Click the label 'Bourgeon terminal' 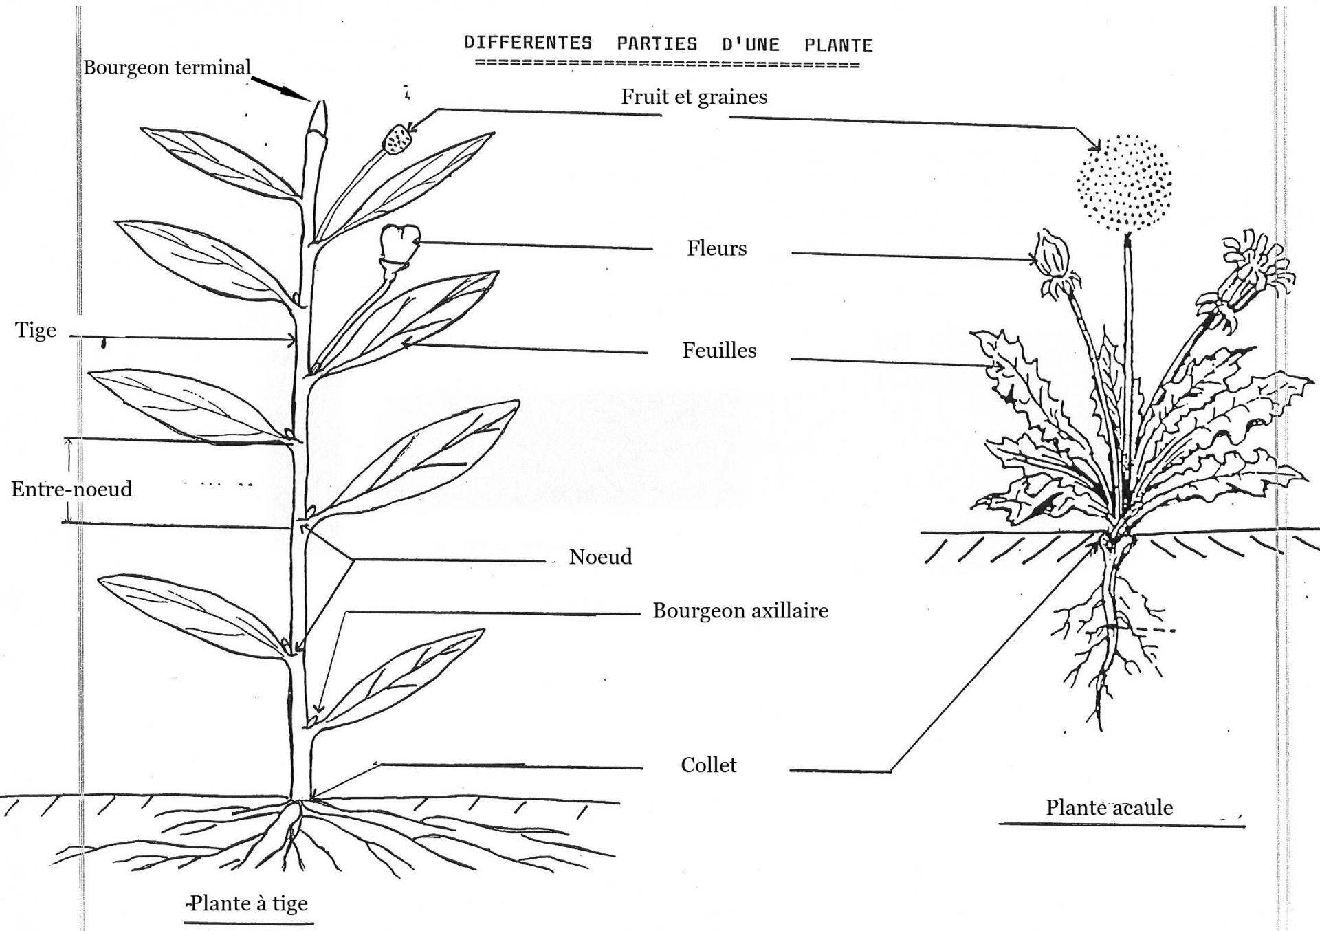click(167, 67)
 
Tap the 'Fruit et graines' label click(694, 97)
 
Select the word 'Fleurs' click(717, 248)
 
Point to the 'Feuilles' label click(719, 351)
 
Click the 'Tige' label click(36, 331)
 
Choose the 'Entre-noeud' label click(71, 489)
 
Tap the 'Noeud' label click(600, 556)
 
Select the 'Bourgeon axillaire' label click(740, 611)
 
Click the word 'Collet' click(709, 765)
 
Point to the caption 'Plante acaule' click(1110, 807)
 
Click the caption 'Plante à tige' click(249, 903)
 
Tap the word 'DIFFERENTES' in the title click(528, 43)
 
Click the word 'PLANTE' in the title click(839, 45)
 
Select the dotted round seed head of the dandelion click(1124, 183)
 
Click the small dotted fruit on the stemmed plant click(397, 139)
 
